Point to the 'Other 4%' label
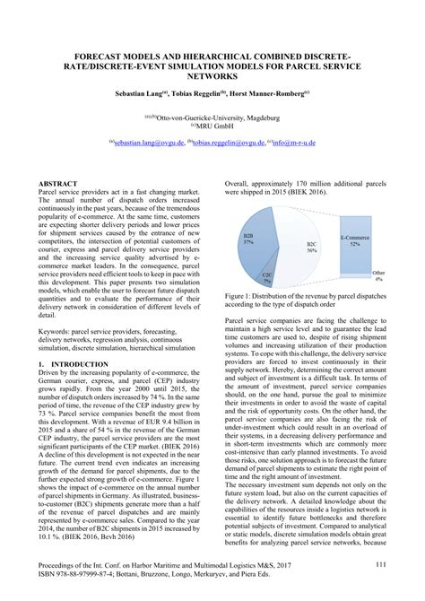378,275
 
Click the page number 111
380,563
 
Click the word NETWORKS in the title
212,76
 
